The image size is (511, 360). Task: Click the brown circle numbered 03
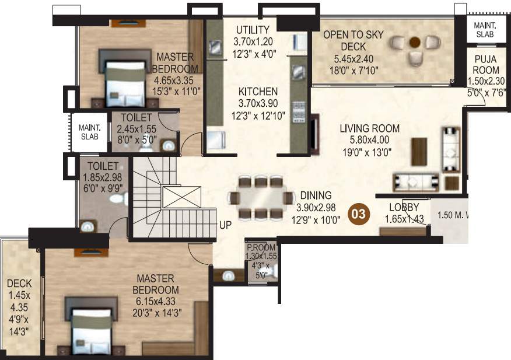(x=358, y=214)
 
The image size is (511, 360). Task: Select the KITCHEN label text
(x=257, y=92)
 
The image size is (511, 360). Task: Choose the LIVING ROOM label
(x=370, y=128)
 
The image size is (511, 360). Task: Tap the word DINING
(x=316, y=195)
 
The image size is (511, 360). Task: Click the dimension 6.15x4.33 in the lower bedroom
(x=156, y=302)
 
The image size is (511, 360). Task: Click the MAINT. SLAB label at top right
(x=484, y=30)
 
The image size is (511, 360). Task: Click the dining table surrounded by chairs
(x=261, y=198)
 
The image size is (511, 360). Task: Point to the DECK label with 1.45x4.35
(x=15, y=284)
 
